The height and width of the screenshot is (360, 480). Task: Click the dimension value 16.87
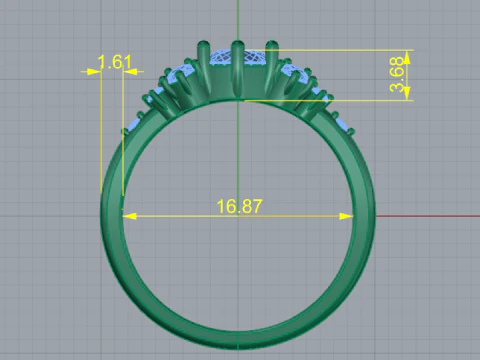pyautogui.click(x=239, y=207)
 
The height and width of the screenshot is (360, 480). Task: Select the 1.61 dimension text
pyautogui.click(x=115, y=63)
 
